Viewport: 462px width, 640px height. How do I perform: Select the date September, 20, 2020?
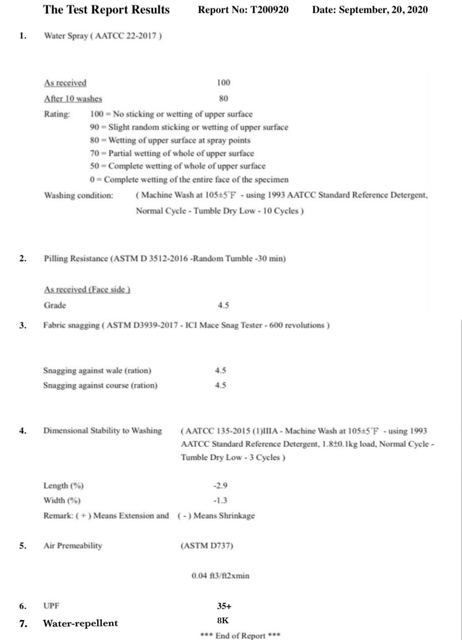(383, 10)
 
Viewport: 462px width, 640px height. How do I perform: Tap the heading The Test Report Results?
(106, 10)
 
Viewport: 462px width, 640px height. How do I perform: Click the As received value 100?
(224, 83)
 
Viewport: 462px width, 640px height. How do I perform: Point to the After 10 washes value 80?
(224, 98)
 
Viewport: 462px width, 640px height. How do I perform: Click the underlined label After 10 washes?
(73, 98)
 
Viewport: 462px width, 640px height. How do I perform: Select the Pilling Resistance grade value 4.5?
(224, 305)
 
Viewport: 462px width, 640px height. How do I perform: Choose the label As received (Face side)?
(87, 289)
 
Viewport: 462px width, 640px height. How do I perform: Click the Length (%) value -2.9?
(220, 485)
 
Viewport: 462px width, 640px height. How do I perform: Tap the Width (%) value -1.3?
(220, 500)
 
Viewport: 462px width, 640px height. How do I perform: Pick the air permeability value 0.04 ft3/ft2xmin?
(220, 576)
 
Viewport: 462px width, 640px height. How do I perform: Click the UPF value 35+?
(224, 606)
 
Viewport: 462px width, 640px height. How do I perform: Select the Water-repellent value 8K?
(223, 621)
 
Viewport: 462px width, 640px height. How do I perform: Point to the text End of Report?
(240, 635)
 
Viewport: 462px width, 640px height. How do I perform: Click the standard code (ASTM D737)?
(207, 546)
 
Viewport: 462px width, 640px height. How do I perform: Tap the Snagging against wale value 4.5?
(220, 370)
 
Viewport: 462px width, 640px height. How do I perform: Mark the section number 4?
(23, 431)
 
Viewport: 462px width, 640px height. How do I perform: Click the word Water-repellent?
(80, 623)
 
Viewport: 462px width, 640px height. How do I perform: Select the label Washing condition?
(79, 195)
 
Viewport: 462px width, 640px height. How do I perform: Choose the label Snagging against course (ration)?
(100, 385)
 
